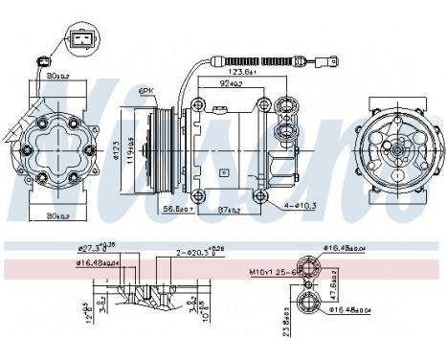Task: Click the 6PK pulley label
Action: [x=146, y=90]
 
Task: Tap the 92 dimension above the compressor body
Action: [x=229, y=84]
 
